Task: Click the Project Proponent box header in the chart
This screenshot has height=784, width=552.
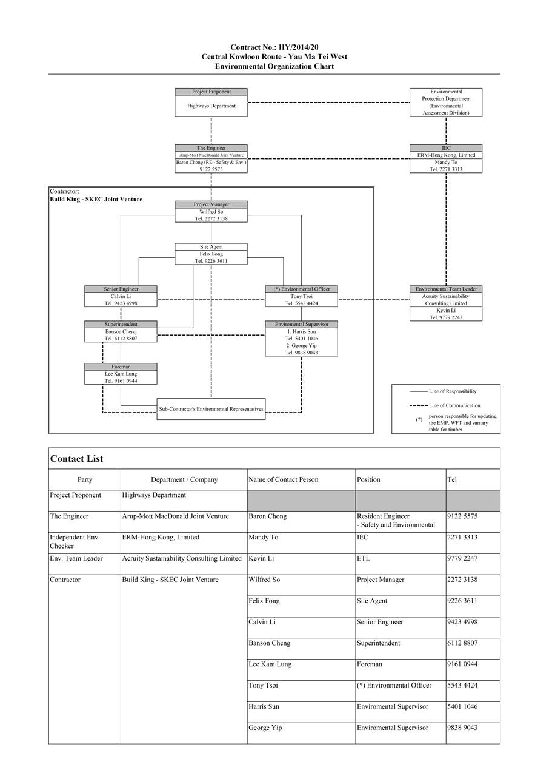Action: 211,92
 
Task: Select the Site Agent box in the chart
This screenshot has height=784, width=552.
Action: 211,254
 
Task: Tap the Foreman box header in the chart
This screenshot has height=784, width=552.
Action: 121,367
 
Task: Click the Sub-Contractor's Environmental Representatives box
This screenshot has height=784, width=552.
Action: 211,409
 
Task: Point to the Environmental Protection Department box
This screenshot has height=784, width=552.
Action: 445,102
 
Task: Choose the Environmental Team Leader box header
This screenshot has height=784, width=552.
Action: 445,289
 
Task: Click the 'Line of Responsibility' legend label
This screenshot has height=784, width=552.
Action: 452,391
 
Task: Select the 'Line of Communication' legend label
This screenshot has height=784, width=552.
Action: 454,405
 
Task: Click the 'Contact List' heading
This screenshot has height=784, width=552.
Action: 76,459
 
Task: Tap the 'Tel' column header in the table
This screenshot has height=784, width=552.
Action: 452,479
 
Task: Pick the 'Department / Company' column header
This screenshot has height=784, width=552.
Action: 184,479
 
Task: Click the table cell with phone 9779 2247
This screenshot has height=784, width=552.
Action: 462,558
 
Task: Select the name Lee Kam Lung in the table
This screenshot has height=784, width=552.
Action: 270,664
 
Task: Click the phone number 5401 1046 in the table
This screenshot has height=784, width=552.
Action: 462,707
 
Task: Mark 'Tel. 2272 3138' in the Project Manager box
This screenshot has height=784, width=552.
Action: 211,218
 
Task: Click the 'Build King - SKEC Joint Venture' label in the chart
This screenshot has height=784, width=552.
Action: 96,199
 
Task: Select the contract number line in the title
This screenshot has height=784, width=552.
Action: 274,47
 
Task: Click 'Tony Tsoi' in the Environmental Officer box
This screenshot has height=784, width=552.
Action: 301,296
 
